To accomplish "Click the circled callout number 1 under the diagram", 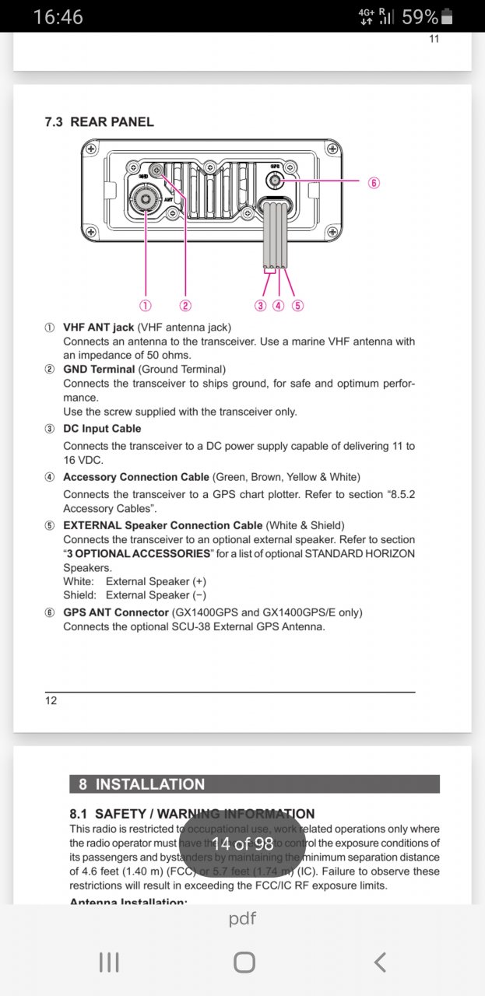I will tap(145, 305).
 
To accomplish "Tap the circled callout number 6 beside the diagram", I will tap(374, 183).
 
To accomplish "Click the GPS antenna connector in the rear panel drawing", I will tap(275, 181).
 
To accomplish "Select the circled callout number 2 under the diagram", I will tap(185, 305).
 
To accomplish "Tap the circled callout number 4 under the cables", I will tap(279, 305).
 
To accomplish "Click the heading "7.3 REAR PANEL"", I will tap(100, 122).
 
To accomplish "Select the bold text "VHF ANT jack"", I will tap(98, 328).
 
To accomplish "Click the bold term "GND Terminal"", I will tap(99, 370).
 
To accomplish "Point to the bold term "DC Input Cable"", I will tap(102, 429).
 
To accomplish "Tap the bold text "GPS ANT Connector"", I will tap(115, 612).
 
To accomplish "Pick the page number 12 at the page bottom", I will tap(51, 700).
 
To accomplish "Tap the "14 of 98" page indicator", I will tap(242, 843).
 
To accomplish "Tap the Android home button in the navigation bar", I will tap(244, 963).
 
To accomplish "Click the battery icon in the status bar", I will tap(447, 16).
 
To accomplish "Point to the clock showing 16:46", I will tap(58, 16).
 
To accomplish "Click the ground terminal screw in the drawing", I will tap(157, 170).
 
